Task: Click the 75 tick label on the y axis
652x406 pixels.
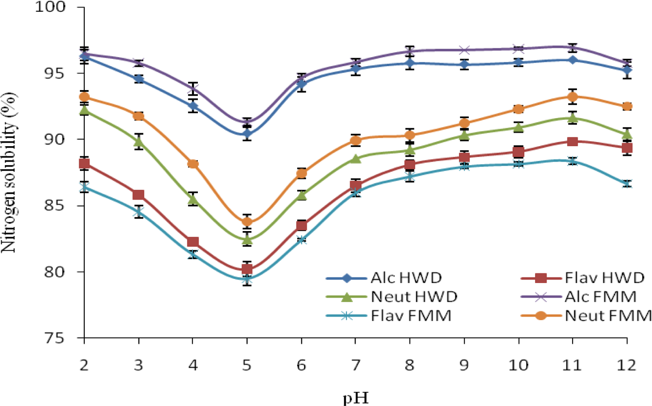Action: pyautogui.click(x=55, y=338)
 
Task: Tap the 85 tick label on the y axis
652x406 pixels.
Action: pyautogui.click(x=55, y=205)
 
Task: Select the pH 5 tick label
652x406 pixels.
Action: pyautogui.click(x=247, y=365)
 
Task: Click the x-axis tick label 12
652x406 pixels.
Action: pyautogui.click(x=627, y=365)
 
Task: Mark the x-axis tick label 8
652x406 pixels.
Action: pyautogui.click(x=410, y=365)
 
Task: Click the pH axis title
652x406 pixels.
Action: pyautogui.click(x=356, y=397)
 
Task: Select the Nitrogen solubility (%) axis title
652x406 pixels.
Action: pyautogui.click(x=9, y=173)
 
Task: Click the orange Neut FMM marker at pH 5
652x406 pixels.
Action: pyautogui.click(x=247, y=222)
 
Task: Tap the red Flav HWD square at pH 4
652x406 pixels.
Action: pyautogui.click(x=193, y=242)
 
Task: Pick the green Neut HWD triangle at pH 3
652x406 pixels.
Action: pyautogui.click(x=139, y=142)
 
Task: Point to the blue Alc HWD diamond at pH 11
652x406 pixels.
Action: pyautogui.click(x=573, y=60)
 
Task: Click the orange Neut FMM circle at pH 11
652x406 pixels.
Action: pyautogui.click(x=573, y=97)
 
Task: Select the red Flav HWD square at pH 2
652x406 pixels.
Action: pyautogui.click(x=84, y=164)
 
